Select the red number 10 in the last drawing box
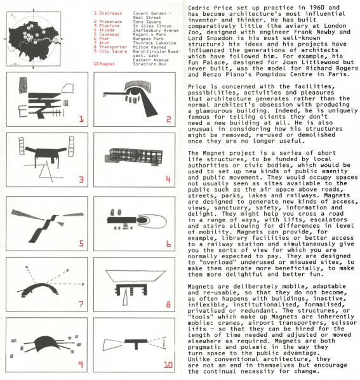point(167,366)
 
